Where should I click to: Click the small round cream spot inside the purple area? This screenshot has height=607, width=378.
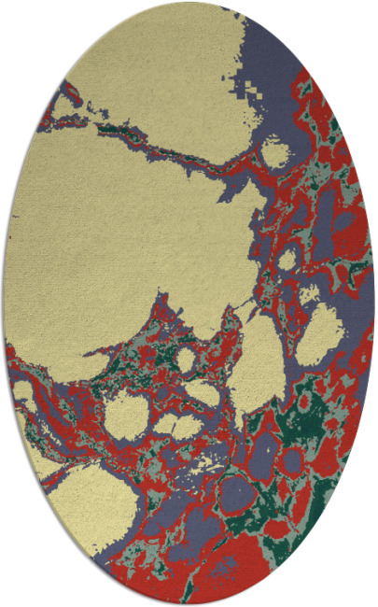(x=276, y=150)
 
